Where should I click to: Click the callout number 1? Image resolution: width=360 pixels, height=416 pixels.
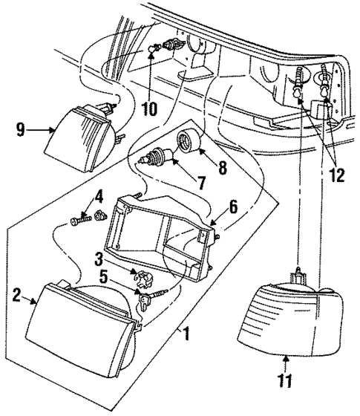[x=186, y=335]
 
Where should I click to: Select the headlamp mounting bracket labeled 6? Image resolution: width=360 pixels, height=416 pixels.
[x=160, y=230]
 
